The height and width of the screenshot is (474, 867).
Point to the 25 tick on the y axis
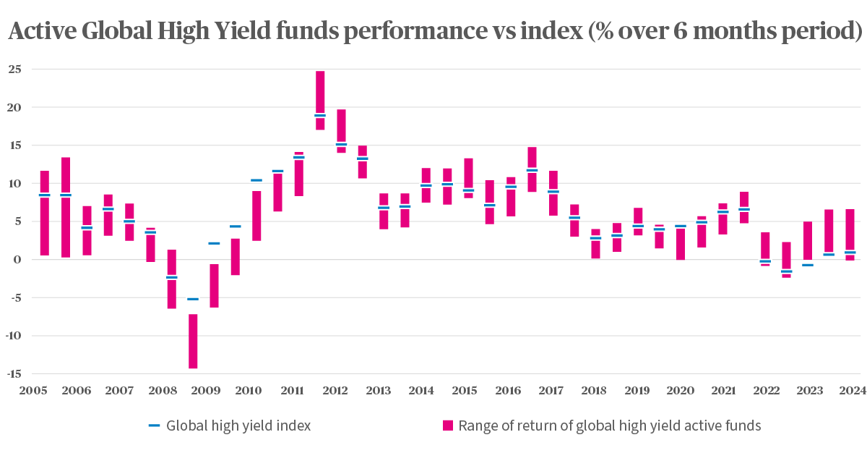click(x=14, y=69)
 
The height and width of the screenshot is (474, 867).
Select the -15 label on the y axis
click(x=12, y=374)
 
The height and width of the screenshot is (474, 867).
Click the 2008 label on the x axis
click(x=163, y=391)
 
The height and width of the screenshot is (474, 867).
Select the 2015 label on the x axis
click(x=465, y=391)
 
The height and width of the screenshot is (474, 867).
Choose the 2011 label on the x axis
click(x=292, y=391)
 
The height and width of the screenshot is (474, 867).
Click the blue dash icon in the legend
click(x=154, y=426)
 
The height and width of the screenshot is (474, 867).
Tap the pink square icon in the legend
click(x=447, y=426)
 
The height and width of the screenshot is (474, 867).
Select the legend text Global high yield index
click(x=238, y=426)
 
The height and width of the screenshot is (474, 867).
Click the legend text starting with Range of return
click(x=609, y=426)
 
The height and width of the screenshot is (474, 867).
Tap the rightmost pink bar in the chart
click(x=850, y=233)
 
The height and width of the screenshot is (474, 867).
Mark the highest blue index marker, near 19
click(x=320, y=115)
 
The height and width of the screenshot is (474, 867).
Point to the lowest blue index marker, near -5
click(x=193, y=299)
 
